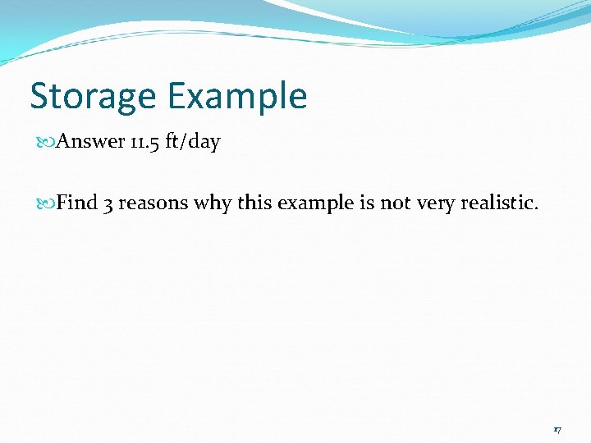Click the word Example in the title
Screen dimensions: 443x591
pyautogui.click(x=237, y=97)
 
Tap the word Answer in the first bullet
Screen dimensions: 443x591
pyautogui.click(x=90, y=142)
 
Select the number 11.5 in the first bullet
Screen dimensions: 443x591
pyautogui.click(x=144, y=142)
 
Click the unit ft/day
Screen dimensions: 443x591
pyautogui.click(x=193, y=142)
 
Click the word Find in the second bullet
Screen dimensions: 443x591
pyautogui.click(x=77, y=203)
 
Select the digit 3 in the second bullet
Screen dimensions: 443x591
pyautogui.click(x=108, y=203)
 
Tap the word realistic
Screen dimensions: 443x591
pyautogui.click(x=500, y=203)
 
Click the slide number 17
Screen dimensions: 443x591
pyautogui.click(x=557, y=429)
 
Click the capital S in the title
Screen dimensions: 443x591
pyautogui.click(x=39, y=97)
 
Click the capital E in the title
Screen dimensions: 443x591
pyautogui.click(x=177, y=97)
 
